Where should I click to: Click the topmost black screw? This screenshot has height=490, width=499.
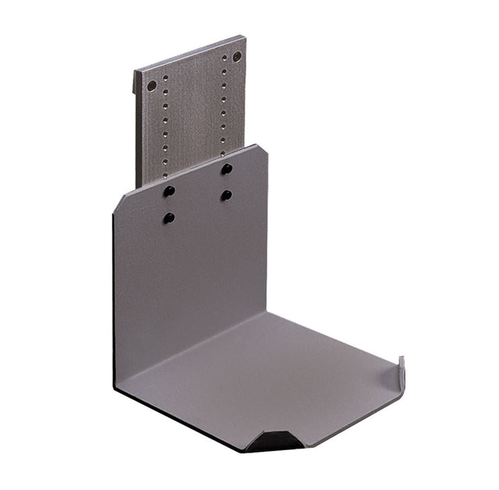tap(226, 169)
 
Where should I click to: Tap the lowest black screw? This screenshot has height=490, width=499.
tap(168, 218)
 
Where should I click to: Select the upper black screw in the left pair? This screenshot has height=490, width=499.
tap(168, 191)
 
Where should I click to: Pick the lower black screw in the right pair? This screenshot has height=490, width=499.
tap(226, 195)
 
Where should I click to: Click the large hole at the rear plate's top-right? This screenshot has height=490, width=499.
tap(237, 56)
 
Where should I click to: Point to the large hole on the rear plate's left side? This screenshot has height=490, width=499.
tap(152, 85)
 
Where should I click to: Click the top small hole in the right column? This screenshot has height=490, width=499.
tap(225, 58)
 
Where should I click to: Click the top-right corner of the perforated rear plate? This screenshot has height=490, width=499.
tap(245, 36)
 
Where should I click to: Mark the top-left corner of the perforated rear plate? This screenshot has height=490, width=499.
tap(135, 72)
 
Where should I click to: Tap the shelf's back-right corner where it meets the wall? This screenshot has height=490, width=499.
tap(268, 312)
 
